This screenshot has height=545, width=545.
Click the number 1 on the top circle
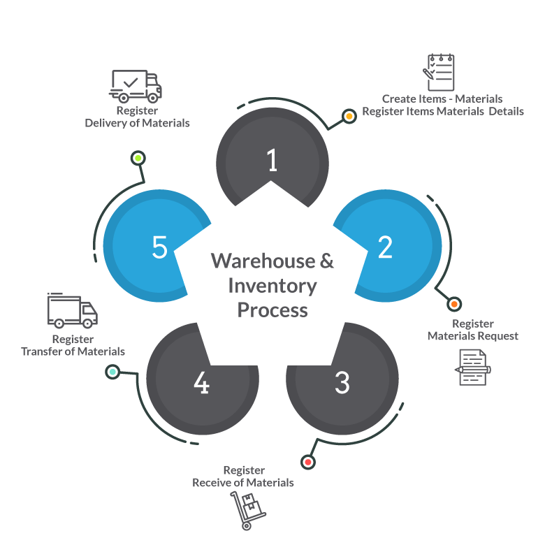tap(272, 160)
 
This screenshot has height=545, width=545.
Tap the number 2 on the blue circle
tap(385, 247)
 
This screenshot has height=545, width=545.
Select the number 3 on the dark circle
tap(342, 382)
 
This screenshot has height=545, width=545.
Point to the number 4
tap(202, 382)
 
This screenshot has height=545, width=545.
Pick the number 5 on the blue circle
tap(160, 247)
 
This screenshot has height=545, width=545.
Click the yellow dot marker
tap(349, 116)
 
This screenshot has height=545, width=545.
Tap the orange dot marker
tap(454, 304)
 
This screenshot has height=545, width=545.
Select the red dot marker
tap(307, 463)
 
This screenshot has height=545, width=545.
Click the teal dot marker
tap(112, 372)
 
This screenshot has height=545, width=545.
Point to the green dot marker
tap(138, 158)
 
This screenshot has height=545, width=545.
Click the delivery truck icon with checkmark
tap(136, 86)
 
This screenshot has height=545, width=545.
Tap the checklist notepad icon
tap(439, 72)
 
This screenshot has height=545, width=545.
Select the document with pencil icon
tap(473, 368)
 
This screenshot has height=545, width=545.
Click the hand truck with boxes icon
tap(248, 510)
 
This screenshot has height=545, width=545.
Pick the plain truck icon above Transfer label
tap(72, 310)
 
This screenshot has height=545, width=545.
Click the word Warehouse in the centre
tap(263, 261)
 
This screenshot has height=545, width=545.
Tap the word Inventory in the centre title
tap(272, 286)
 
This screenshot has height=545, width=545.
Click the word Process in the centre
tap(272, 310)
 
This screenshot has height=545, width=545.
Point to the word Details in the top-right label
tap(506, 111)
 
